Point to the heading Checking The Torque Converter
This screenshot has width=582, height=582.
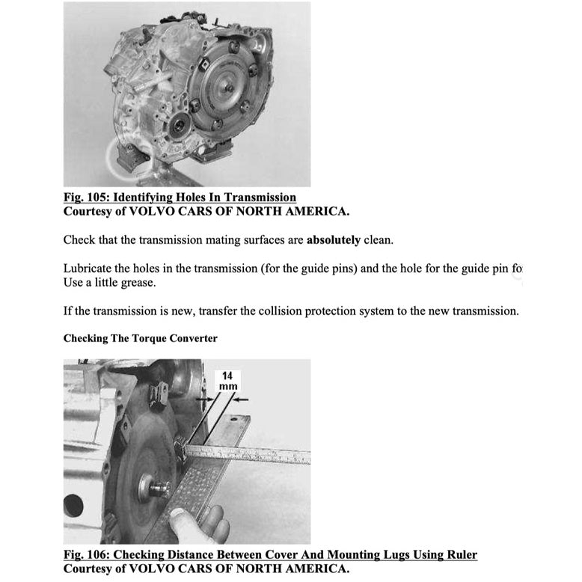[x=141, y=338]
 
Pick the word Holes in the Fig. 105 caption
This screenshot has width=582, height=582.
[x=192, y=197]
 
